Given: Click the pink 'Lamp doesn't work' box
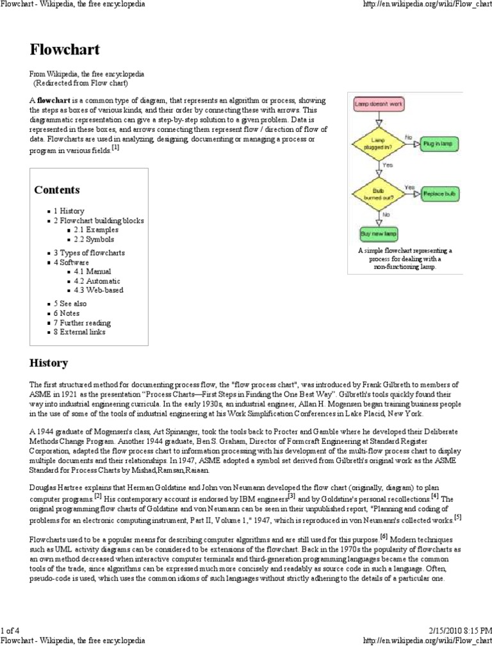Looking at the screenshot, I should (379, 103).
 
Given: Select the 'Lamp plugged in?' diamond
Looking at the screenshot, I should (379, 143).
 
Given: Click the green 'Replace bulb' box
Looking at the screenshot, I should (440, 193).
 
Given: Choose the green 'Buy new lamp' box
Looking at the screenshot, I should (379, 233).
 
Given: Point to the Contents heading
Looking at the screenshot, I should (57, 190).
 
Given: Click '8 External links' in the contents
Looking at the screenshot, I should (79, 332).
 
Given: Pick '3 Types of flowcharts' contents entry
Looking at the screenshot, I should (89, 253).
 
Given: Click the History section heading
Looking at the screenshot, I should (49, 363).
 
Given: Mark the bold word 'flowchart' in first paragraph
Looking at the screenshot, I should (53, 101).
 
